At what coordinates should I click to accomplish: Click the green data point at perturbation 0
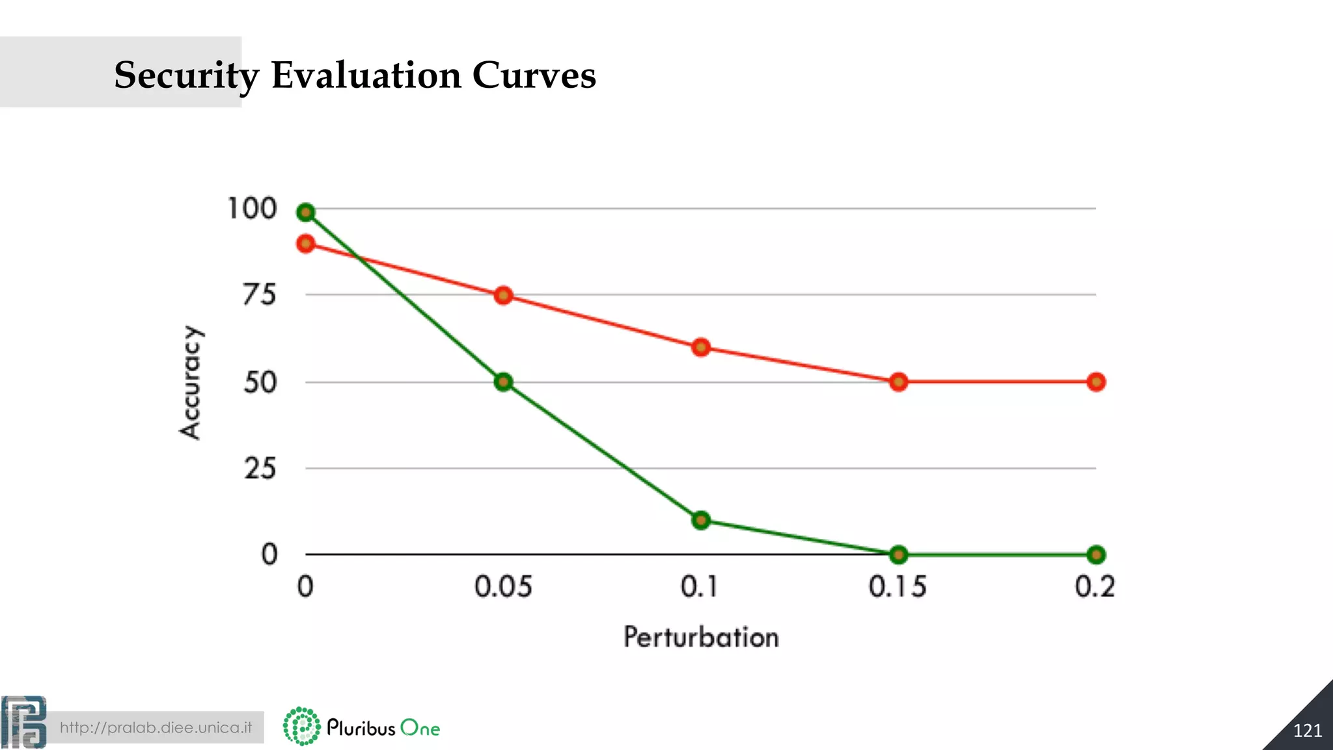(x=305, y=212)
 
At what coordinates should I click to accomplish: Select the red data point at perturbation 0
(x=305, y=243)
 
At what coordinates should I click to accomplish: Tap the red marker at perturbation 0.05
(x=503, y=296)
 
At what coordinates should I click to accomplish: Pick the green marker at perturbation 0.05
(x=503, y=382)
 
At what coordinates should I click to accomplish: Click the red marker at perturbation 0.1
(x=700, y=347)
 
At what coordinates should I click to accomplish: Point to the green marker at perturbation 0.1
(x=700, y=520)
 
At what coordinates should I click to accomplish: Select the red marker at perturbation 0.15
(x=898, y=382)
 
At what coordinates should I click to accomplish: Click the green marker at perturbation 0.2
(x=1096, y=555)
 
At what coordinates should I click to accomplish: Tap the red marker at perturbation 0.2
(x=1096, y=382)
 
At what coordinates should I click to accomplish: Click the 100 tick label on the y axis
(x=252, y=209)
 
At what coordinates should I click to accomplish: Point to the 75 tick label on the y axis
(x=259, y=296)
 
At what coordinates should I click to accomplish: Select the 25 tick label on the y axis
(x=260, y=469)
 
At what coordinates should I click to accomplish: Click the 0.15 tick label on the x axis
(x=898, y=587)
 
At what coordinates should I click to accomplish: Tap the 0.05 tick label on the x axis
(x=503, y=587)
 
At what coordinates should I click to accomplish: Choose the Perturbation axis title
(x=701, y=637)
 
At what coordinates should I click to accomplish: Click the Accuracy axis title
(x=191, y=382)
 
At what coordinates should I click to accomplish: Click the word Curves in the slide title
(x=534, y=75)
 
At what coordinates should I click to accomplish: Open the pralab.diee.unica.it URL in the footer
(x=156, y=727)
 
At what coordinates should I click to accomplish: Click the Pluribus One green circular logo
(x=301, y=726)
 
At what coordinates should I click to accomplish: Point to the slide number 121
(x=1307, y=730)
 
